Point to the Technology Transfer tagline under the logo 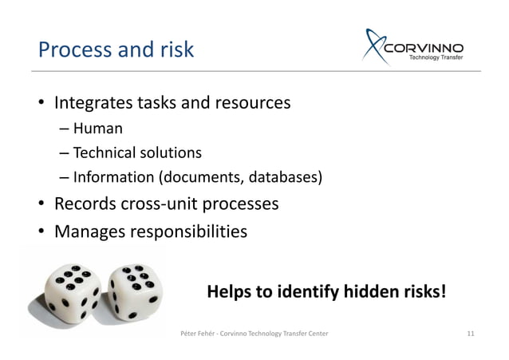click(x=441, y=57)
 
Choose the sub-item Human click(x=99, y=129)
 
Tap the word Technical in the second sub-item click(x=106, y=152)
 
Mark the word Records click(x=82, y=204)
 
